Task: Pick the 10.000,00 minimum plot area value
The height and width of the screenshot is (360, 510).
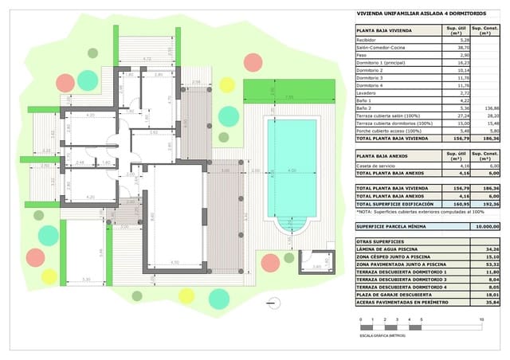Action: [486, 226]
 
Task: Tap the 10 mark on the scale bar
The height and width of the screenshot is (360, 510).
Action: [481, 319]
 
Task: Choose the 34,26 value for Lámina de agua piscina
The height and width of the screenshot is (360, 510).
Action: [488, 248]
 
